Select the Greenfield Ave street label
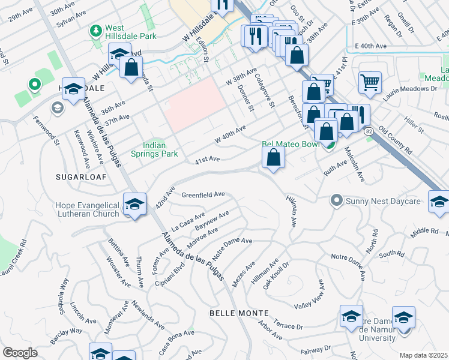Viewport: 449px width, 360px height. click(203, 194)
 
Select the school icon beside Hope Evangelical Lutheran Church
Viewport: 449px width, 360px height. click(135, 204)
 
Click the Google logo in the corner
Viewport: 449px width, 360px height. click(20, 353)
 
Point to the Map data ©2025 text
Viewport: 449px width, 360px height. click(424, 355)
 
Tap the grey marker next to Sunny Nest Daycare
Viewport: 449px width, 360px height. click(337, 200)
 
